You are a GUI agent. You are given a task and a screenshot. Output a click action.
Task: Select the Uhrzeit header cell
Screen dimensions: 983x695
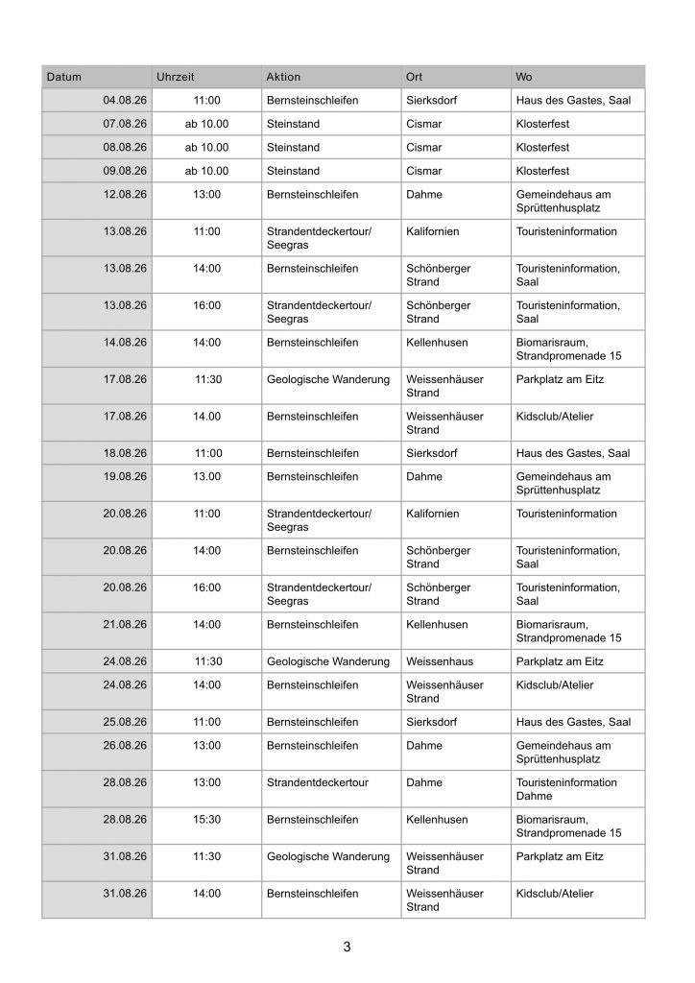(x=175, y=76)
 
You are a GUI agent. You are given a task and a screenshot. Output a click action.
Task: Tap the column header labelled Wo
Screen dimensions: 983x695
(x=524, y=76)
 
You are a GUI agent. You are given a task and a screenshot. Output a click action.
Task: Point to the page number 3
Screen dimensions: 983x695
(x=347, y=947)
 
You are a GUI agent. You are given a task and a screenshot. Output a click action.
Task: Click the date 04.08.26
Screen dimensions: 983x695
(x=124, y=100)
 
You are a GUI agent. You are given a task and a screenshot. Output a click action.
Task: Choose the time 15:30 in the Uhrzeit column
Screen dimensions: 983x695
(x=207, y=820)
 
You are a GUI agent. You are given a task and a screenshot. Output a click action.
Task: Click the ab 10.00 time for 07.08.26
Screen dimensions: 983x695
(x=207, y=124)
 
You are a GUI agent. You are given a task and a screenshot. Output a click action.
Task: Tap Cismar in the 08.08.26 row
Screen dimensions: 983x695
(x=424, y=148)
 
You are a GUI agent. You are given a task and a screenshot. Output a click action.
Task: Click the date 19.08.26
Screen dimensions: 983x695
(x=124, y=476)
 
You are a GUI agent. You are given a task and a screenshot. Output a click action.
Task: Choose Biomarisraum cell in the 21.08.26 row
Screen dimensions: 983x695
(x=568, y=631)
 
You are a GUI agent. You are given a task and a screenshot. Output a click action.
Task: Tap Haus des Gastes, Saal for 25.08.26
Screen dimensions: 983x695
(x=573, y=722)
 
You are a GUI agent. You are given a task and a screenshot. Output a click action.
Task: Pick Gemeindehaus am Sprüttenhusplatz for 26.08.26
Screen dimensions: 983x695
(x=563, y=752)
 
